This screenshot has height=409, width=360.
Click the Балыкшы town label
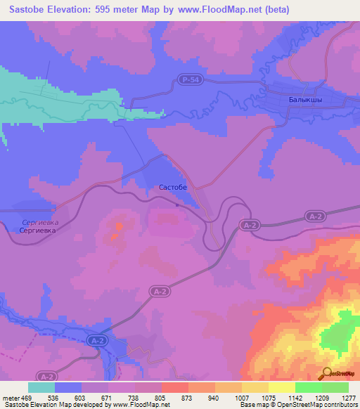[305, 100]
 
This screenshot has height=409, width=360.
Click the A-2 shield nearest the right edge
[314, 217]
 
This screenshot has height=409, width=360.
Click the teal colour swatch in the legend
[41, 387]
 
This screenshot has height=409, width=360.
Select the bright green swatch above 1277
[335, 387]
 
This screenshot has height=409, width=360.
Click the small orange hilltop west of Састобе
[120, 226]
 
